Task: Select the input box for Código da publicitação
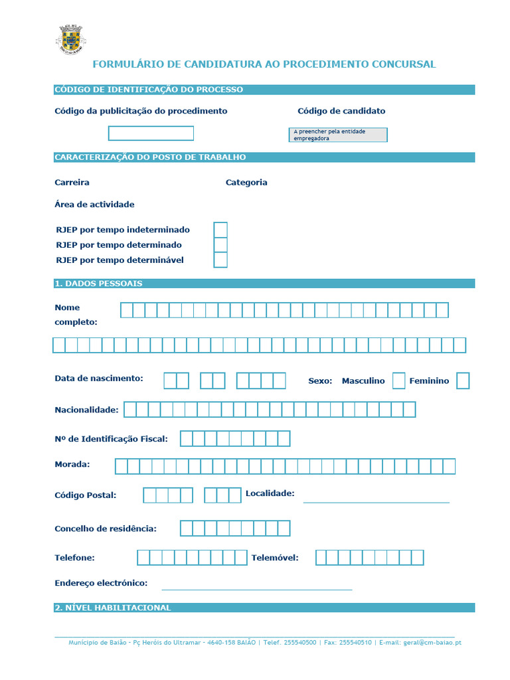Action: coord(151,133)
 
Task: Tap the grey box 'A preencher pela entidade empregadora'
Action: coord(339,135)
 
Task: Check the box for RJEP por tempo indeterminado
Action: coord(220,230)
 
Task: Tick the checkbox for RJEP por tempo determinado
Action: coord(220,245)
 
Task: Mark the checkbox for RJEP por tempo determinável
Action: coord(220,260)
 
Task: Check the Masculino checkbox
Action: coord(398,381)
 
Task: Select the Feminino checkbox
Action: coord(463,381)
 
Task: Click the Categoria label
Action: coord(246,183)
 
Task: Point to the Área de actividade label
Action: coord(94,205)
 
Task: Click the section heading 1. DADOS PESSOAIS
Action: coord(98,284)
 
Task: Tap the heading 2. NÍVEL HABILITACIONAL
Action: coord(112,608)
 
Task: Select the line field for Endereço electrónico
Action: coord(256,584)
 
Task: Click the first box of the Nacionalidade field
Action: coord(130,410)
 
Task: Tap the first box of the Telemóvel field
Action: coord(321,558)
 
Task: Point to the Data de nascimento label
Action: coord(98,379)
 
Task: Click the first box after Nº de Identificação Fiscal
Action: coord(186,439)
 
